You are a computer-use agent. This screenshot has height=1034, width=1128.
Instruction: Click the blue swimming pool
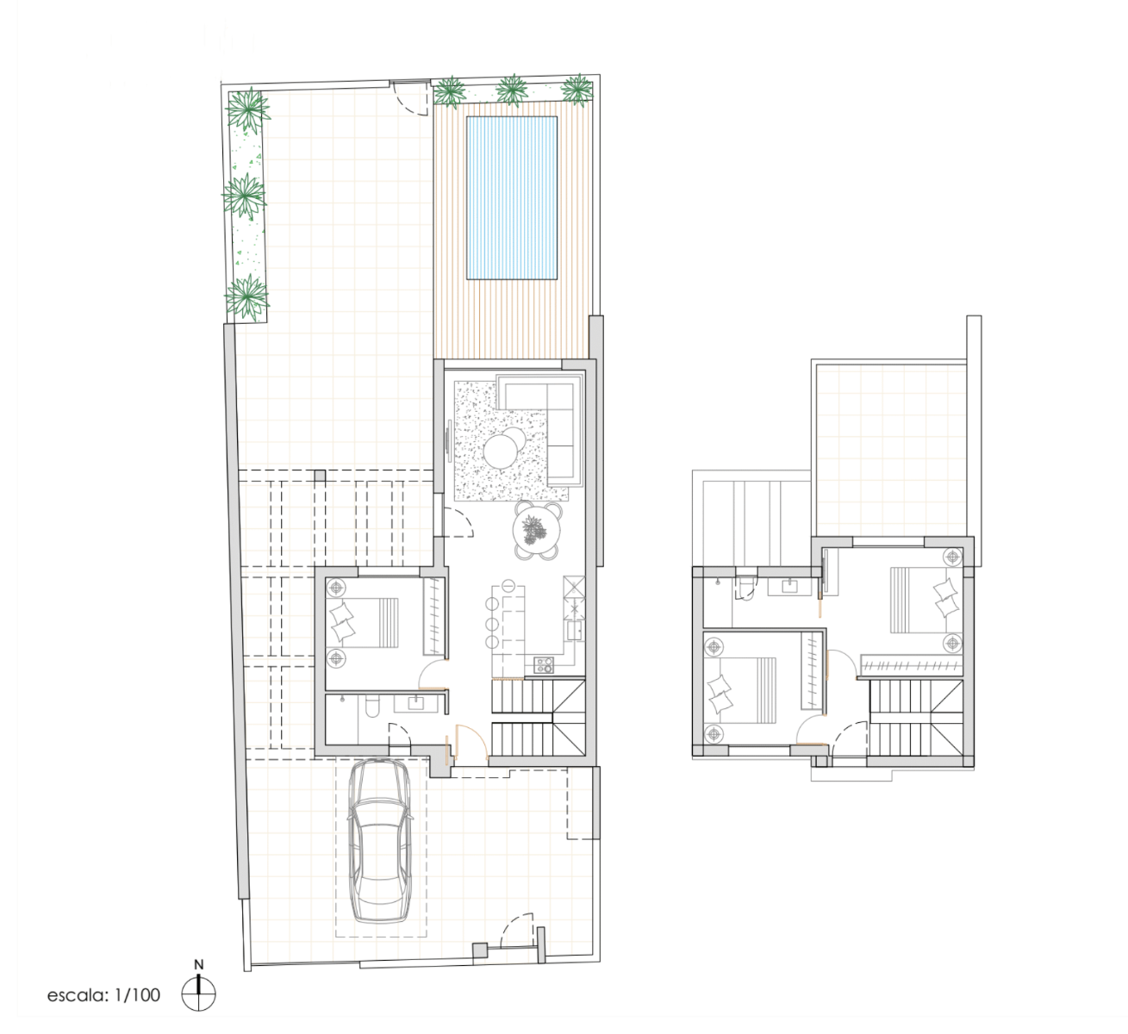point(511,198)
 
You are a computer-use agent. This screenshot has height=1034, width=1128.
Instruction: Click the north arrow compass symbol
point(198,992)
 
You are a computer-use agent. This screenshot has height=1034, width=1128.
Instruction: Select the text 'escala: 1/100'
point(103,995)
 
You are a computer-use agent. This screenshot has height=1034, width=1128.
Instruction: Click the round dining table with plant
point(537,530)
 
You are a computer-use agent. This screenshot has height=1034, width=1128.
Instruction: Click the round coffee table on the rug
point(502,449)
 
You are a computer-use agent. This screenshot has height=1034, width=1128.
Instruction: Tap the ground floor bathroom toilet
point(372,707)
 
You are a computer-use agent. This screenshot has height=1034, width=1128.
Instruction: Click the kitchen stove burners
point(543,665)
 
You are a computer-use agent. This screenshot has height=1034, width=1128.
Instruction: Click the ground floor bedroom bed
point(363,622)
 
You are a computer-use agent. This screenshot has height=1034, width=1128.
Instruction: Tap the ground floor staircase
point(538,718)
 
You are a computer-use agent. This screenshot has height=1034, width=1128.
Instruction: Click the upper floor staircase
point(916,718)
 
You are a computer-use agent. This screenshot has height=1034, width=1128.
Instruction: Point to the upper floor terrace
point(891,450)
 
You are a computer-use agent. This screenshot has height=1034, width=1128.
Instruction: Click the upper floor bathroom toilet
point(746,586)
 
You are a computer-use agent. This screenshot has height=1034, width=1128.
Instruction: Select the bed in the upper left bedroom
point(740,690)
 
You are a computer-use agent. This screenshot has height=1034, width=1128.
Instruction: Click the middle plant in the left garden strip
point(244,196)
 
